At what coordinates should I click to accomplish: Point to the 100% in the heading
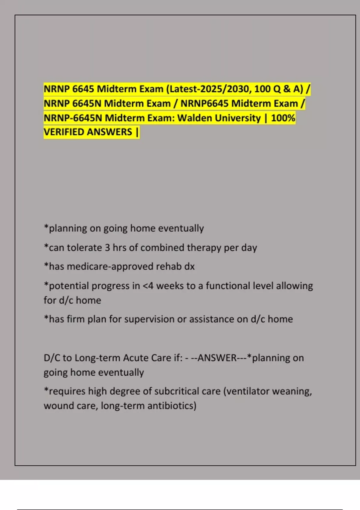[x=283, y=118]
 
